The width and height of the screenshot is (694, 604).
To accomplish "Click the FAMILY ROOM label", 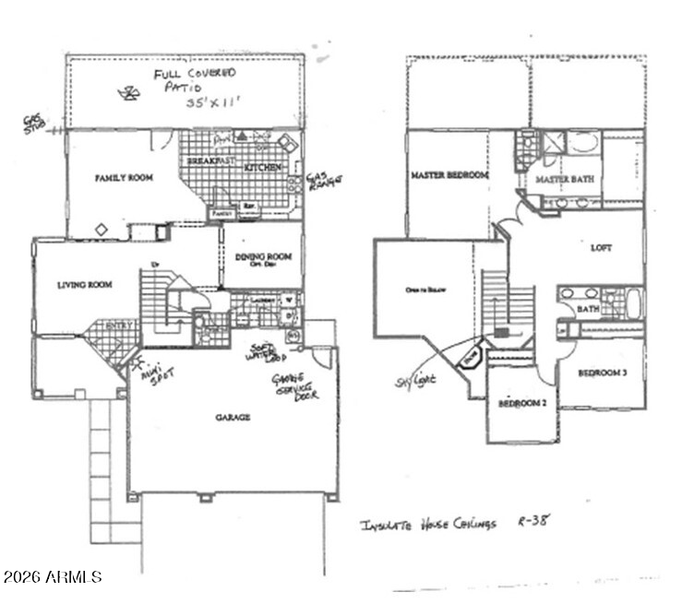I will pos(124,177).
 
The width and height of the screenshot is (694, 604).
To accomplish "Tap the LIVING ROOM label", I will pos(85,285).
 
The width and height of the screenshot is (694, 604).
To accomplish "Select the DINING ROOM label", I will pos(262,257).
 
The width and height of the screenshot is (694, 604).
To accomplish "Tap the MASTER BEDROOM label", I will pos(450,175).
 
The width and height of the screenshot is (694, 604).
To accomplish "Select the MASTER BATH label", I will pos(565,178).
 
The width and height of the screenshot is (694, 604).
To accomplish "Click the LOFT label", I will pos(603,248).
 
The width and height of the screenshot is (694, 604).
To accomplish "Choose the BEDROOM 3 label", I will pos(604,373).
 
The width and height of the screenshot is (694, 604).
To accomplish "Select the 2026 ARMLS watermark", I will pos(52,577).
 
